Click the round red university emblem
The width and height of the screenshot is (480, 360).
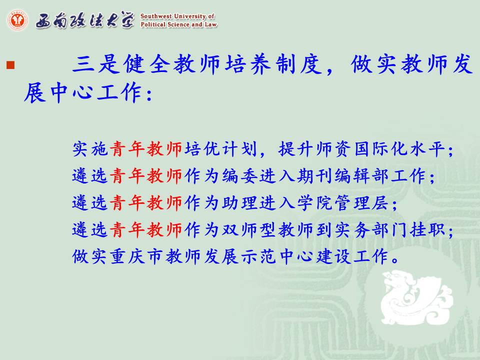coord(17,20)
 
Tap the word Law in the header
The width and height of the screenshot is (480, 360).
coord(211,24)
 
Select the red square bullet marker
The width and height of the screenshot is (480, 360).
coord(10,65)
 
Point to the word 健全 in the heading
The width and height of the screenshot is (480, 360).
coord(147,64)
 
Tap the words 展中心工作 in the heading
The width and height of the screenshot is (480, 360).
coord(83,92)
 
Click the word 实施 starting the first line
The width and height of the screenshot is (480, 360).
coord(90,149)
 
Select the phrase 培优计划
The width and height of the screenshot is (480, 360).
coord(220,149)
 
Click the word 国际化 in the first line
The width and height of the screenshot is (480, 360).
coord(381,149)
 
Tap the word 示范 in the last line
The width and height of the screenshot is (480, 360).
coord(258,256)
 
